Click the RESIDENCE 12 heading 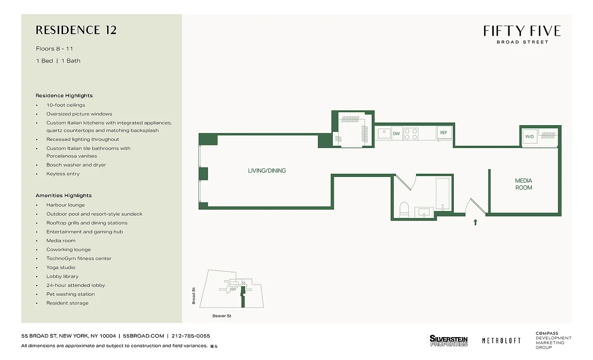pyautogui.click(x=76, y=30)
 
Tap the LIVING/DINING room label pyautogui.click(x=267, y=171)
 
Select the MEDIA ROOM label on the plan pyautogui.click(x=524, y=184)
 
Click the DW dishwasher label pyautogui.click(x=396, y=134)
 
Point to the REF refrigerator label pyautogui.click(x=444, y=133)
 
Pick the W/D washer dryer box pyautogui.click(x=529, y=137)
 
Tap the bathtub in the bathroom pyautogui.click(x=442, y=194)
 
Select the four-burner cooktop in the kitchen pyautogui.click(x=411, y=134)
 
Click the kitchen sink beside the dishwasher pyautogui.click(x=384, y=134)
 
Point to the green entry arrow pyautogui.click(x=475, y=222)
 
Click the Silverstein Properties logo pyautogui.click(x=448, y=341)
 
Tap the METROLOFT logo pyautogui.click(x=501, y=341)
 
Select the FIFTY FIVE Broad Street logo pyautogui.click(x=522, y=34)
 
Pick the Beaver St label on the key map pyautogui.click(x=222, y=316)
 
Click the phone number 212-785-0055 pyautogui.click(x=191, y=336)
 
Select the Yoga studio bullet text pyautogui.click(x=61, y=267)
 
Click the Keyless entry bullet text pyautogui.click(x=63, y=174)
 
